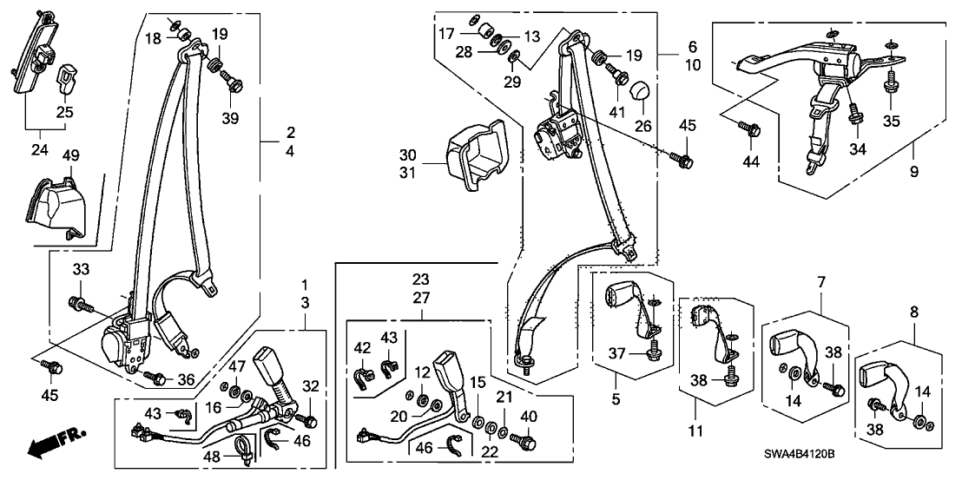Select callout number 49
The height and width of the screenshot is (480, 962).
tap(69, 155)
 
